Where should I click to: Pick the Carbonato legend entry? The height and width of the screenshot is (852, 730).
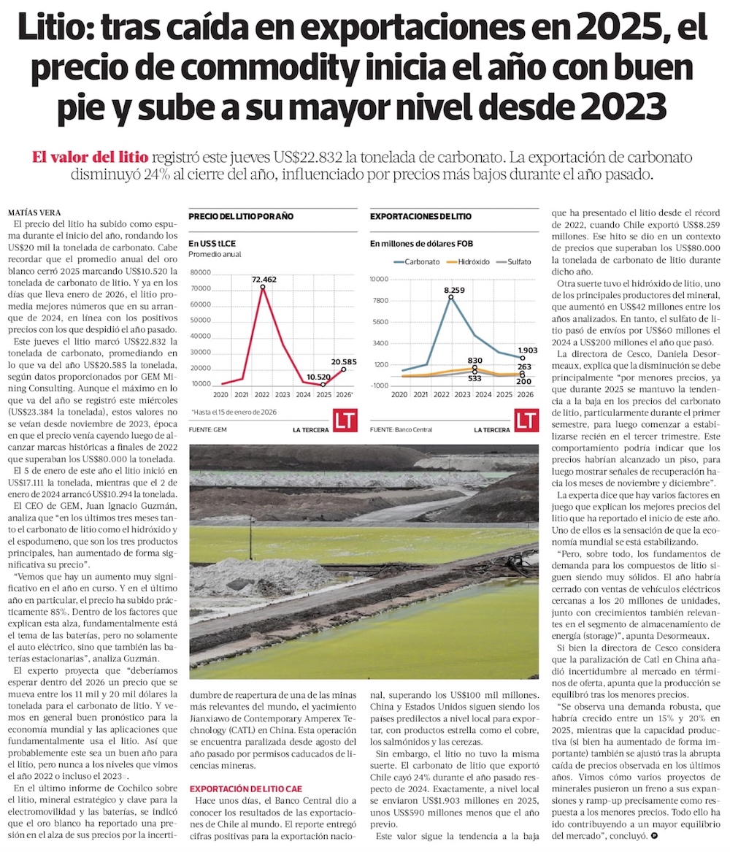click(417, 261)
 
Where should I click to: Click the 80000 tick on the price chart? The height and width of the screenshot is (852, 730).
click(200, 272)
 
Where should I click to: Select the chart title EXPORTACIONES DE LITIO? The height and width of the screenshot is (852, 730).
click(420, 217)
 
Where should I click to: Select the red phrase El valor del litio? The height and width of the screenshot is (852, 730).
click(90, 157)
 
